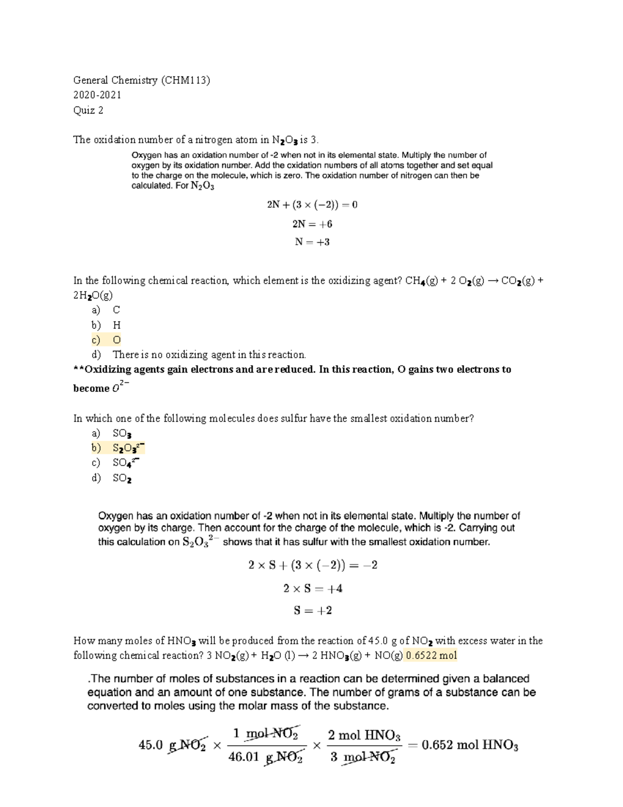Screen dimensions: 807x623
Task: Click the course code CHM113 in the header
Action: click(185, 80)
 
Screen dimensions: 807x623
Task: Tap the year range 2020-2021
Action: click(98, 95)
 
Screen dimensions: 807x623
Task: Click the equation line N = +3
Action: click(312, 242)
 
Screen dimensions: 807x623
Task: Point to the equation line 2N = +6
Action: click(312, 224)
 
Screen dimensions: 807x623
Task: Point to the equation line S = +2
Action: click(313, 611)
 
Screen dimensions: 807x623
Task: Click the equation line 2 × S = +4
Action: click(313, 589)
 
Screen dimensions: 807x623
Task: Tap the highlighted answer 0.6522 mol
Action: click(431, 655)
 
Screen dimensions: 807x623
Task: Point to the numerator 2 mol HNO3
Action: click(364, 735)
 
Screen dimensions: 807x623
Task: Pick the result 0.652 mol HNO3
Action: click(469, 746)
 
